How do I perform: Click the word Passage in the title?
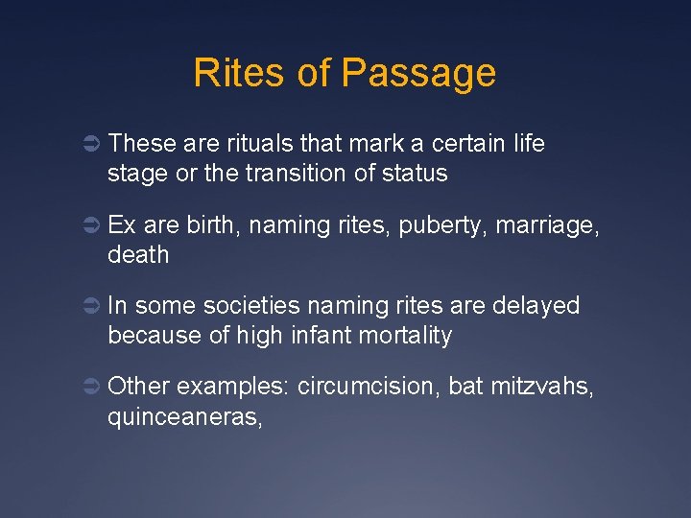(x=417, y=74)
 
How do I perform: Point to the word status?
(x=414, y=174)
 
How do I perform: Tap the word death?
(x=138, y=255)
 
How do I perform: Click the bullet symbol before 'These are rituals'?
(x=86, y=145)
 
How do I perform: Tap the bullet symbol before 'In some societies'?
(x=86, y=307)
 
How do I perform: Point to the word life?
(x=526, y=144)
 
